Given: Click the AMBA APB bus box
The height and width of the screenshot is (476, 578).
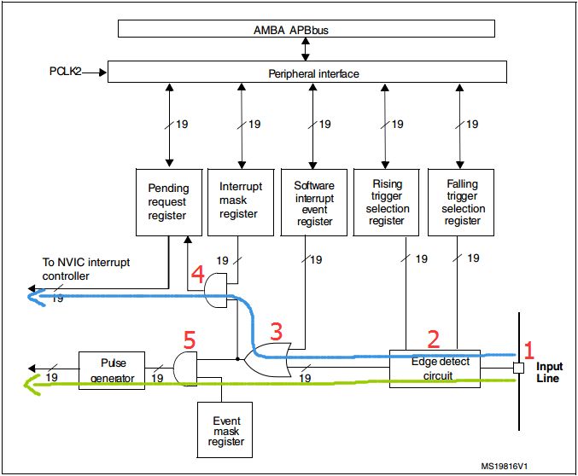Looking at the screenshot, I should [x=306, y=28].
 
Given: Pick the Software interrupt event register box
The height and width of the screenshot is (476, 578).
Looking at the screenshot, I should [x=313, y=202].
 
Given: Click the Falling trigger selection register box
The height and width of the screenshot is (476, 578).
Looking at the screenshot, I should [x=462, y=202].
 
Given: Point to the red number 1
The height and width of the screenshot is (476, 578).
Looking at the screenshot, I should [x=528, y=348].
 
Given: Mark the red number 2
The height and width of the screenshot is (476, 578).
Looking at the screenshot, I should [x=433, y=339].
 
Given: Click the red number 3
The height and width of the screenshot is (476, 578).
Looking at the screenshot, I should [x=275, y=330].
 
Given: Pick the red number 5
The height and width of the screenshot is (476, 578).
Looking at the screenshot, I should [x=190, y=340].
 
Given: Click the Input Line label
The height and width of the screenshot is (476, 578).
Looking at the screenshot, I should [x=548, y=372].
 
